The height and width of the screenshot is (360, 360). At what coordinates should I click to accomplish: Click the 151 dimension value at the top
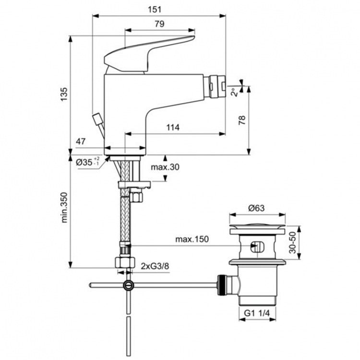pos(159,10)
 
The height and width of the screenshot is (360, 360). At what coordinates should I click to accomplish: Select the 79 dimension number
pos(159,24)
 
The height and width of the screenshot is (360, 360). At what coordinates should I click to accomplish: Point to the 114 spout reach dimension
pos(173,127)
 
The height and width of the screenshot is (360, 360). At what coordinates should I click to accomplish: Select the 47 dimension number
pos(81,141)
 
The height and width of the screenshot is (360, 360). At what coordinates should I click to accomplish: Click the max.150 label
pos(192,240)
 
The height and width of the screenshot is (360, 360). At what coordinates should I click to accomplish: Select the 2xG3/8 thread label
pos(155,266)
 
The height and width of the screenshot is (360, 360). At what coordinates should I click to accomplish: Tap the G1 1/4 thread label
pos(258,313)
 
